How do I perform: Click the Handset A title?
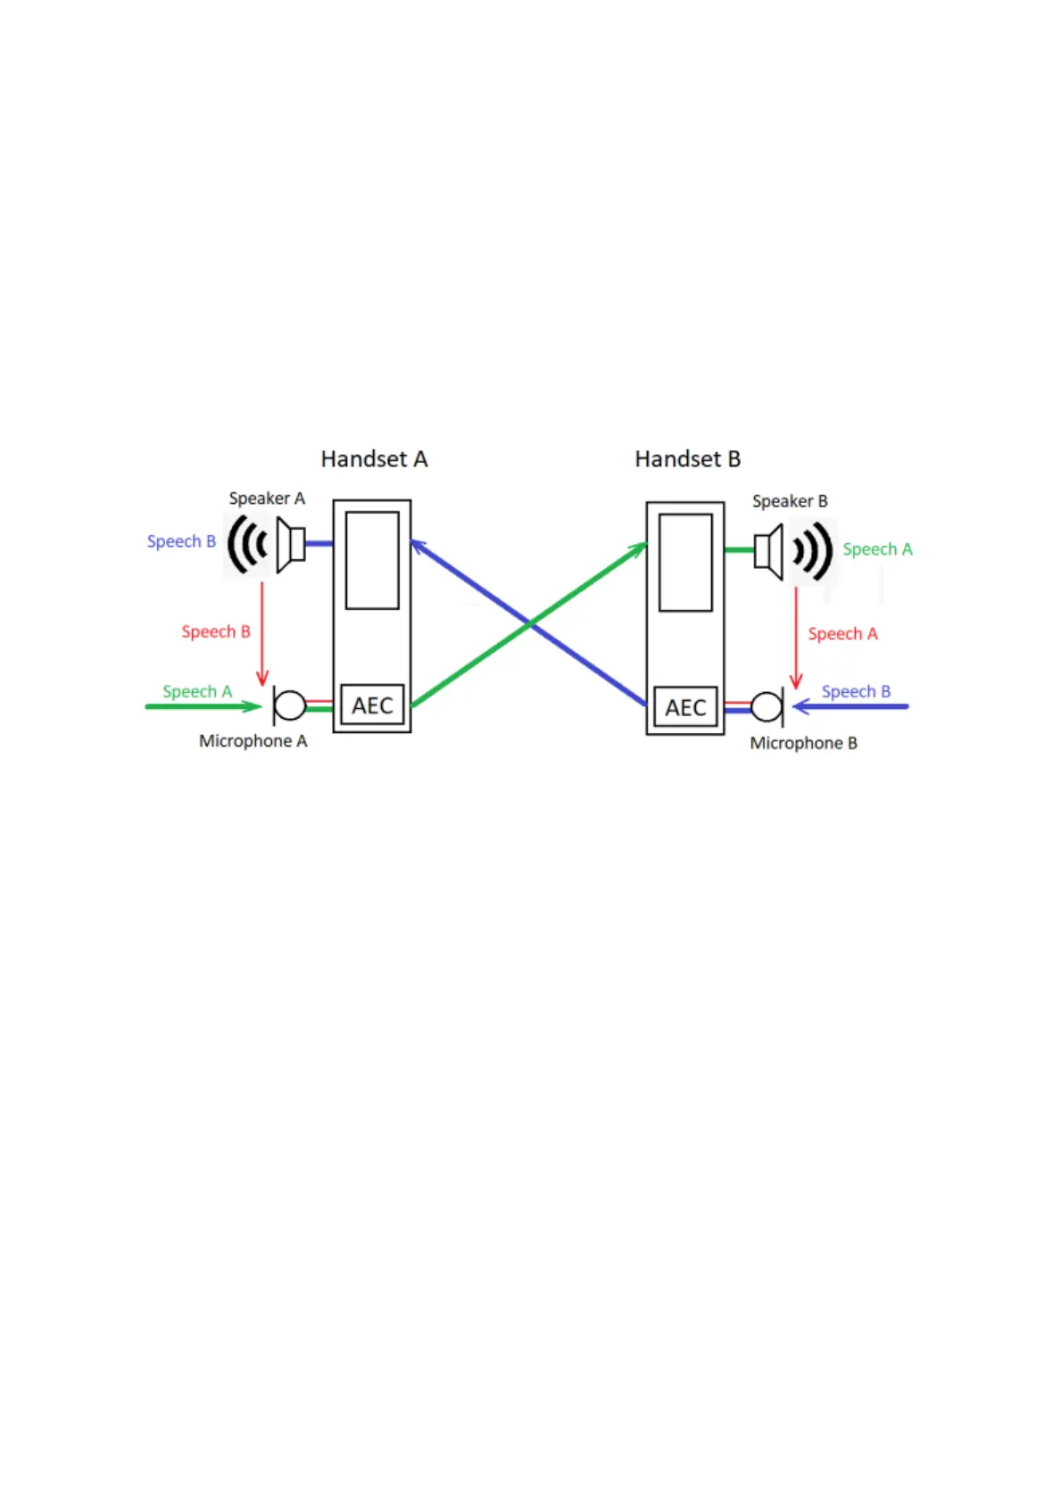point(374,459)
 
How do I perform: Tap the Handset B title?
point(687,459)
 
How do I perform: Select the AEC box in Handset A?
point(372,705)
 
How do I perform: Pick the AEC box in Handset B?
point(685,707)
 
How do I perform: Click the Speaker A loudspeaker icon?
point(290,544)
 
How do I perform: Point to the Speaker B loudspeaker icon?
point(769,550)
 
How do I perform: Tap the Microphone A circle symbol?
point(290,705)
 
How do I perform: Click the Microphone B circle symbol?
point(767,707)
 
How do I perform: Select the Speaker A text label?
point(267,499)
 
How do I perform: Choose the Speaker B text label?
point(790,501)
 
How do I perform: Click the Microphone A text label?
point(253,741)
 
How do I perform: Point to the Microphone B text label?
point(803,743)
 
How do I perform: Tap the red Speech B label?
point(216,631)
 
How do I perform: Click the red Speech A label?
point(842,634)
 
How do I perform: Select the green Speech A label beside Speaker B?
point(877,549)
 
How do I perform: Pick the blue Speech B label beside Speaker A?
point(181,541)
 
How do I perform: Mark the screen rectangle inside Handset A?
point(372,560)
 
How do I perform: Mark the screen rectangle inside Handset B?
point(685,562)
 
